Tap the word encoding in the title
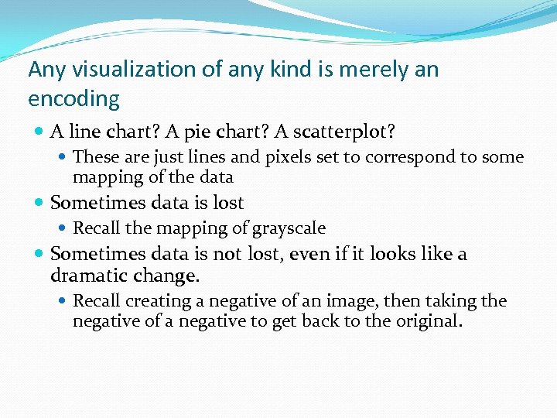[73, 99]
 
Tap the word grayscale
[289, 228]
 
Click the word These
[96, 157]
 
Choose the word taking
[453, 301]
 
